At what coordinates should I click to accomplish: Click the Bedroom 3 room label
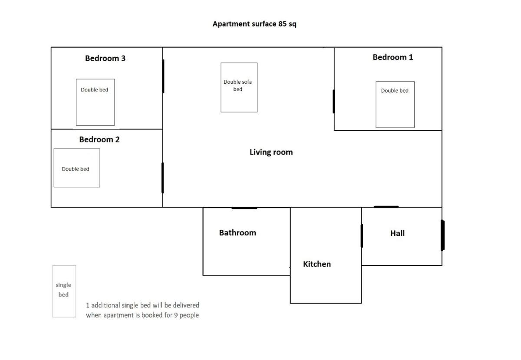pyautogui.click(x=105, y=58)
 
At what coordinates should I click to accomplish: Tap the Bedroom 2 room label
pyautogui.click(x=99, y=139)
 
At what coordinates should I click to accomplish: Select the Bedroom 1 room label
pyautogui.click(x=393, y=57)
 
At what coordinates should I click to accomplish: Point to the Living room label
pyautogui.click(x=271, y=152)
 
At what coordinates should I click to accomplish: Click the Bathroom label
pyautogui.click(x=237, y=233)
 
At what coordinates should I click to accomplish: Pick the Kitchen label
pyautogui.click(x=317, y=264)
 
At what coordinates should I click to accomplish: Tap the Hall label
pyautogui.click(x=398, y=233)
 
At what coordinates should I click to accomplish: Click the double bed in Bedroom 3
pyautogui.click(x=96, y=102)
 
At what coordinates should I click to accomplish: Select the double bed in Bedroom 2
pyautogui.click(x=77, y=168)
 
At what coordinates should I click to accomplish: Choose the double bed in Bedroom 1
pyautogui.click(x=395, y=105)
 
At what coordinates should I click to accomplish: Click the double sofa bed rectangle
pyautogui.click(x=239, y=87)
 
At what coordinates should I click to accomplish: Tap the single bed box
pyautogui.click(x=64, y=291)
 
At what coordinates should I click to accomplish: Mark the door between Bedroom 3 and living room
pyautogui.click(x=163, y=76)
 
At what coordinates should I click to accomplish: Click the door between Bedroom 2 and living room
pyautogui.click(x=162, y=178)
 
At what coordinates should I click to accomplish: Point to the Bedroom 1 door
pyautogui.click(x=334, y=102)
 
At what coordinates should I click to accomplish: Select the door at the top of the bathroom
pyautogui.click(x=244, y=208)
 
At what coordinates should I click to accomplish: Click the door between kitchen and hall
pyautogui.click(x=362, y=236)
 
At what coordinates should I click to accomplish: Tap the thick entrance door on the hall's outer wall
pyautogui.click(x=442, y=235)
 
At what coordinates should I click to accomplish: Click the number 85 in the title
pyautogui.click(x=282, y=24)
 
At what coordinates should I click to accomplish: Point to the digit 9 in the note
pyautogui.click(x=176, y=315)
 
